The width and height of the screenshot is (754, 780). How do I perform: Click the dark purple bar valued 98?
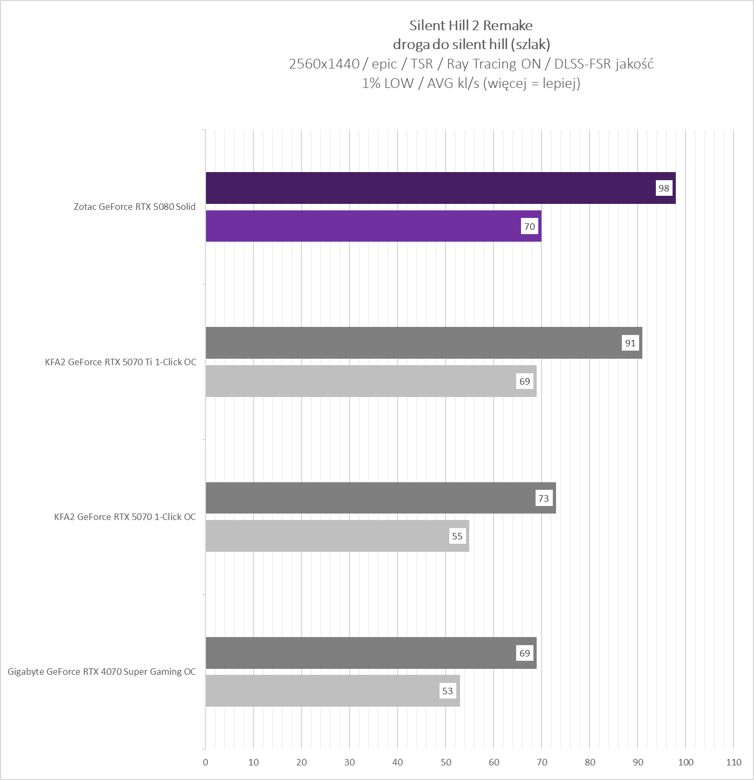pyautogui.click(x=431, y=188)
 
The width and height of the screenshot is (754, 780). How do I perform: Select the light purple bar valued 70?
pyautogui.click(x=367, y=226)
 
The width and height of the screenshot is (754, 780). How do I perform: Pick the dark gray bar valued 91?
pyautogui.click(x=415, y=343)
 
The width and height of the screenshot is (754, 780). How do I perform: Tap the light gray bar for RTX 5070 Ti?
pyautogui.click(x=361, y=381)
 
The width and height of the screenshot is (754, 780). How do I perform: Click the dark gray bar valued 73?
pyautogui.click(x=372, y=497)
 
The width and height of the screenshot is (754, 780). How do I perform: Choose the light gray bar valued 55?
pyautogui.click(x=329, y=536)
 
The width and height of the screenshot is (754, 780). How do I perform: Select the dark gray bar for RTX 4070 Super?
pyautogui.click(x=361, y=653)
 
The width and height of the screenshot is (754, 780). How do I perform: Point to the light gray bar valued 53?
pyautogui.click(x=324, y=690)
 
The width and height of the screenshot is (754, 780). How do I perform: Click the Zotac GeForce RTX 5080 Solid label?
pyautogui.click(x=135, y=207)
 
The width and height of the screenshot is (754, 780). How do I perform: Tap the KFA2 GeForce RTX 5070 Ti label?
pyautogui.click(x=121, y=362)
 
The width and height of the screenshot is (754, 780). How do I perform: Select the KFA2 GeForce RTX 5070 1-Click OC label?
pyautogui.click(x=125, y=517)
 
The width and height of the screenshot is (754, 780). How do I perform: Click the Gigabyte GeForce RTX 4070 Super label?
pyautogui.click(x=102, y=672)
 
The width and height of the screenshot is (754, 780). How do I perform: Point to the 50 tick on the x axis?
pyautogui.click(x=445, y=762)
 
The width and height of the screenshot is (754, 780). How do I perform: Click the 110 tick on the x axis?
pyautogui.click(x=734, y=762)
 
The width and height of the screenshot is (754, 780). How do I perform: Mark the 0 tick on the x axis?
pyautogui.click(x=205, y=762)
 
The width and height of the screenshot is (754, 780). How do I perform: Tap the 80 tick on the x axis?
pyautogui.click(x=590, y=762)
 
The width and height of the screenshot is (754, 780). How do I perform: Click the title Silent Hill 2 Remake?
pyautogui.click(x=471, y=25)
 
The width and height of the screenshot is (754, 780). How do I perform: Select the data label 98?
pyautogui.click(x=663, y=188)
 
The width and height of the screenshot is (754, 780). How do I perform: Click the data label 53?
pyautogui.click(x=448, y=691)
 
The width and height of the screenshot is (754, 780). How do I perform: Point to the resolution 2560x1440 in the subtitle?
pyautogui.click(x=324, y=64)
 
